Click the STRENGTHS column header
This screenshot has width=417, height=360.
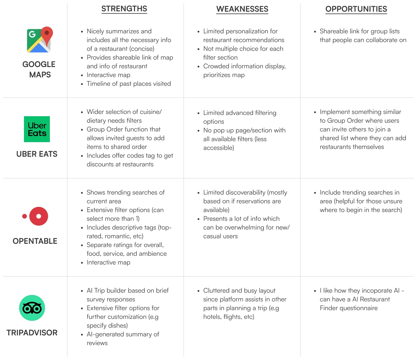coord(124,9)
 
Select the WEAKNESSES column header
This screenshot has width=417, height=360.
coord(242,9)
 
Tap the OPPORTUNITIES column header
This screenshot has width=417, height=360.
coord(356,9)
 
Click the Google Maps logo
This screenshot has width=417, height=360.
coord(40,39)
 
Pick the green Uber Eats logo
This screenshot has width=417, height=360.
coord(37,129)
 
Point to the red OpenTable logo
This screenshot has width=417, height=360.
coord(35,216)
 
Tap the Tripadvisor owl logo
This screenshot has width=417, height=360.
coord(32,308)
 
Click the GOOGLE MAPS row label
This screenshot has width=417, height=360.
coord(39,69)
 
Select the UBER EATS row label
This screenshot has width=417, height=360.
coord(37,154)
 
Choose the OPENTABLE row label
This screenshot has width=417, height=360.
coord(35,241)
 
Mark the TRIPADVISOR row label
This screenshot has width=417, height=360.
coord(32,333)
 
